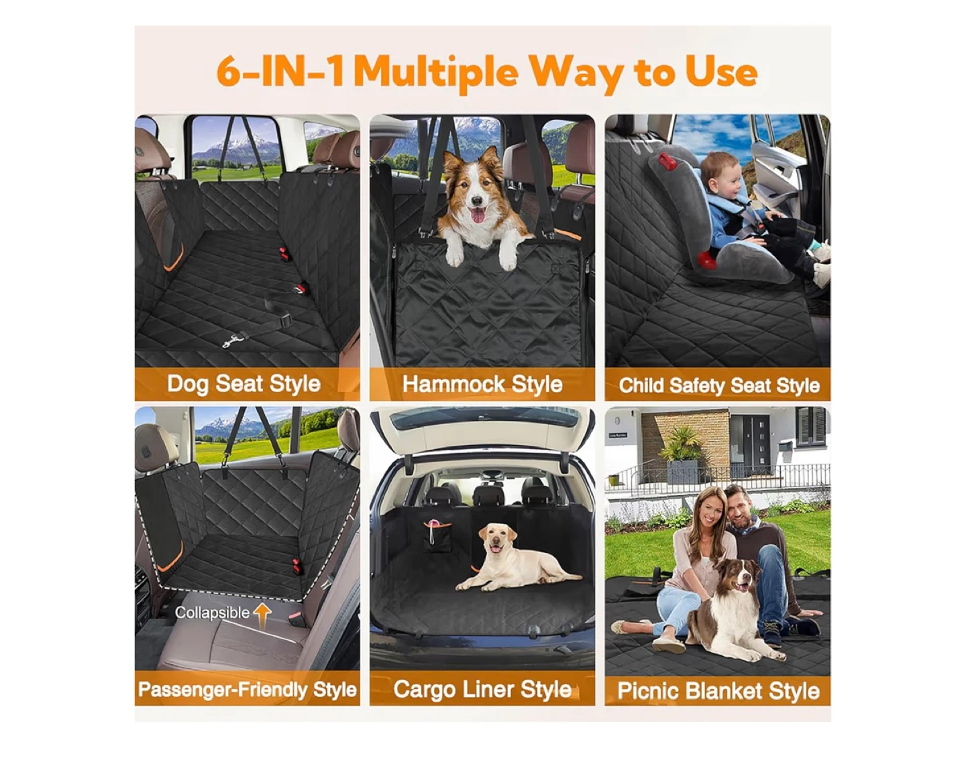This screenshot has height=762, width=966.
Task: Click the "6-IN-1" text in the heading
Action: point(280,72)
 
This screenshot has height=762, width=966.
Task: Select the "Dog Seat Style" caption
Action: point(244,384)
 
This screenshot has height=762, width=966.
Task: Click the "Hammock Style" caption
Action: point(482,384)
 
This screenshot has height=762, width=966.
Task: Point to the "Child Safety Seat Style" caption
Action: point(718,385)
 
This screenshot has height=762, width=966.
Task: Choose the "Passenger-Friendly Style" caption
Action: point(247,690)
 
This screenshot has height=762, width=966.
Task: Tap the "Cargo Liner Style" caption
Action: point(482,690)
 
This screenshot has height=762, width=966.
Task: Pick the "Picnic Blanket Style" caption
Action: point(718,691)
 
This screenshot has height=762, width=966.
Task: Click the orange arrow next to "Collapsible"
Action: point(262,612)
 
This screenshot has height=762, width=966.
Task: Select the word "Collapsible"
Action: point(212,613)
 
